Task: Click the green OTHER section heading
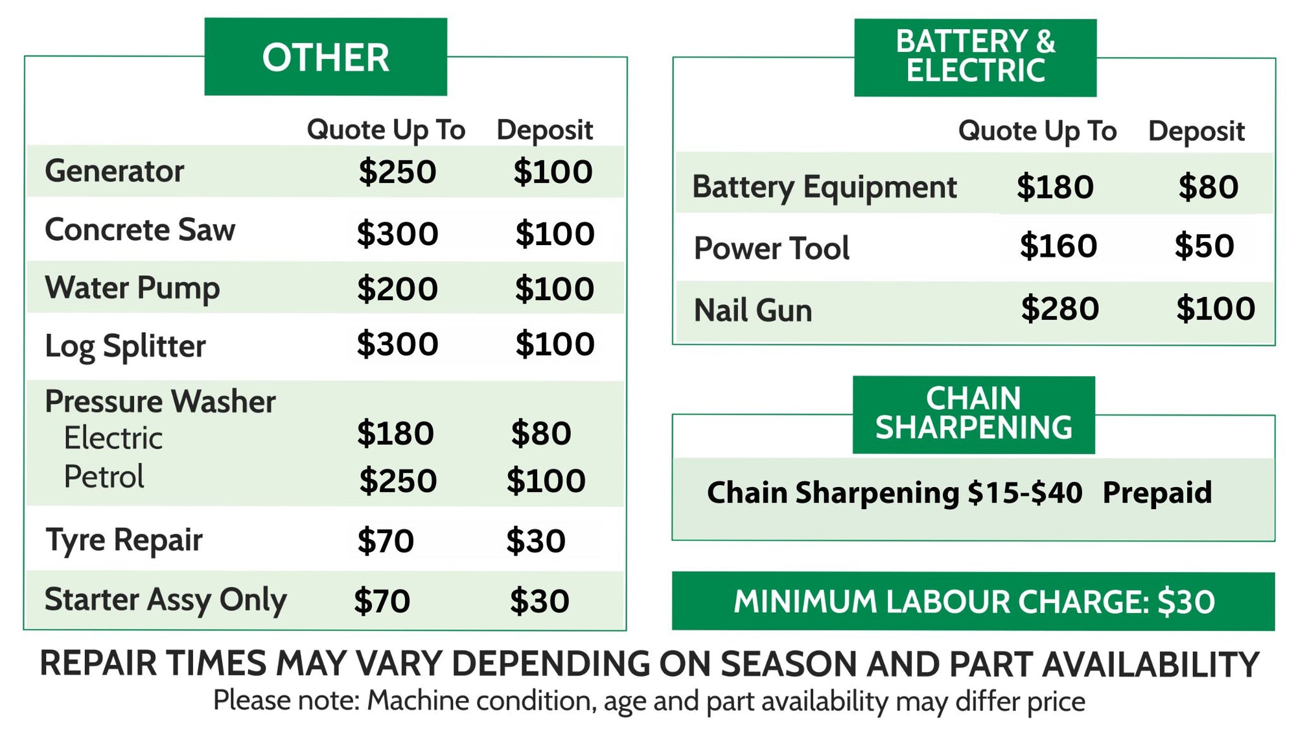click(x=325, y=56)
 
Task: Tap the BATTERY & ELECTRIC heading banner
click(x=975, y=58)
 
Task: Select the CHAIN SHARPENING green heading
click(x=973, y=414)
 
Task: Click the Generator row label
click(x=114, y=171)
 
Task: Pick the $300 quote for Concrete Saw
click(x=397, y=233)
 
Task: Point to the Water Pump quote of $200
click(x=397, y=289)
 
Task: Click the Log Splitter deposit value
click(x=555, y=344)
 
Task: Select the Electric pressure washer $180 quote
click(x=395, y=433)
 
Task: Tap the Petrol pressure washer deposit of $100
click(x=546, y=481)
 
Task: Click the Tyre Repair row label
click(x=124, y=540)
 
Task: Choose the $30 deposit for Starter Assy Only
click(x=539, y=601)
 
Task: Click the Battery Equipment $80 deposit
click(x=1209, y=187)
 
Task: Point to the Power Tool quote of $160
click(x=1058, y=246)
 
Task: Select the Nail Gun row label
click(x=753, y=310)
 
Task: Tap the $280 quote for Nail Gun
click(x=1060, y=308)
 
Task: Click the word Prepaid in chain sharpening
click(x=1157, y=493)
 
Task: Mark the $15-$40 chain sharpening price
click(x=1025, y=493)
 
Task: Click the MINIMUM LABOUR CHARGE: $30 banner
click(x=973, y=601)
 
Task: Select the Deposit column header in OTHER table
click(x=545, y=130)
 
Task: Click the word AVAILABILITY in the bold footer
click(x=1151, y=664)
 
